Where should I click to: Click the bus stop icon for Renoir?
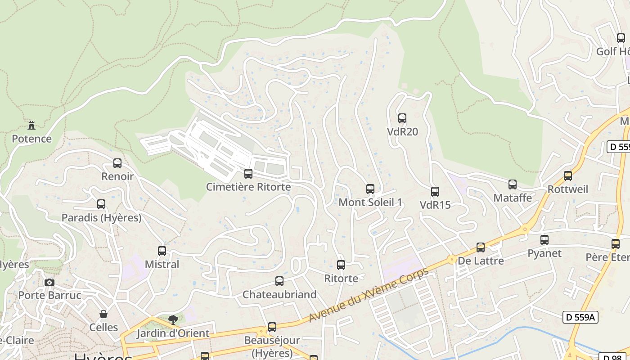117,163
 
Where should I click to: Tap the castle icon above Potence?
31,125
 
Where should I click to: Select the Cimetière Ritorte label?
248,187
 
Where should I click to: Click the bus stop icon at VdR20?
402,118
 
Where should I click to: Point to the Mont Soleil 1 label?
370,202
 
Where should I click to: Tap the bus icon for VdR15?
435,192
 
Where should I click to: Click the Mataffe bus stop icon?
513,184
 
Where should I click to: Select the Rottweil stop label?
568,189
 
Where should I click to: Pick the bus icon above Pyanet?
544,240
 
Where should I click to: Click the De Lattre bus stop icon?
481,247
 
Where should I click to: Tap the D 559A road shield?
580,317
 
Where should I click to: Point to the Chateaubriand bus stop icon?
279,281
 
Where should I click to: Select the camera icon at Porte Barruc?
49,283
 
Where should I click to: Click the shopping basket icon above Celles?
103,314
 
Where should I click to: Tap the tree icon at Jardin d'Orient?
173,320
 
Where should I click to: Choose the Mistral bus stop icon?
162,251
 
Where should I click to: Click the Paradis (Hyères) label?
101,218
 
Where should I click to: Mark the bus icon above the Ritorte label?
341,265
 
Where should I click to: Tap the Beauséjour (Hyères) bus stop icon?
272,327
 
